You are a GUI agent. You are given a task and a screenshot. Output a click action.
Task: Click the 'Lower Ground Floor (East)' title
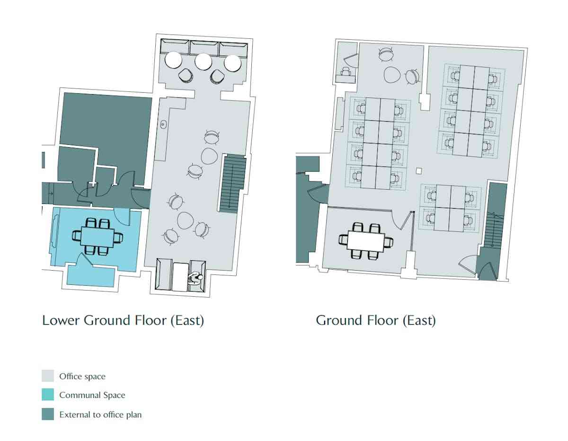pyautogui.click(x=123, y=321)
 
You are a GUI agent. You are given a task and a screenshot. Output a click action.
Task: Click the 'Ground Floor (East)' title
pyautogui.click(x=376, y=321)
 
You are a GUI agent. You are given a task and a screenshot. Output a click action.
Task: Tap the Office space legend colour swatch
pyautogui.click(x=48, y=376)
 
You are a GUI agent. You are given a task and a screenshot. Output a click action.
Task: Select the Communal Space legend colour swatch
pyautogui.click(x=48, y=395)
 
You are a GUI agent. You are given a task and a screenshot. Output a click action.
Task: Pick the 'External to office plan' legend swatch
pyautogui.click(x=48, y=414)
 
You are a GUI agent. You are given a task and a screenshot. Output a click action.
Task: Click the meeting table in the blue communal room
pyautogui.click(x=97, y=237)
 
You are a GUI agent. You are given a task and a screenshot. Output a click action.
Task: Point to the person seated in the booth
pyautogui.click(x=196, y=279)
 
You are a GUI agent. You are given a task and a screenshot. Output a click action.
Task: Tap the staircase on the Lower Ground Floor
pyautogui.click(x=232, y=184)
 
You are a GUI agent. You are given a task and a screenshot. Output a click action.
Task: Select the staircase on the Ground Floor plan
pyautogui.click(x=494, y=229)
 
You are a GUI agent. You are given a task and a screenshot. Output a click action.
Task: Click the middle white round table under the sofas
pyautogui.click(x=203, y=62)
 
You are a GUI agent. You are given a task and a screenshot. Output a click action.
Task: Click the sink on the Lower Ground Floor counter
pyautogui.click(x=164, y=124)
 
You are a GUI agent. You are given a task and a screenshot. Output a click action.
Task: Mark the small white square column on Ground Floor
pyautogui.click(x=419, y=171)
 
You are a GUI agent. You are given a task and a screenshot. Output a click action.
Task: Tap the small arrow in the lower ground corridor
pyautogui.click(x=51, y=194)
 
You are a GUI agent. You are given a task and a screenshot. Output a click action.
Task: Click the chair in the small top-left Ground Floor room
pyautogui.click(x=346, y=71)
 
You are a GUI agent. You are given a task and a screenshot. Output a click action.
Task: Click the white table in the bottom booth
pyautogui.click(x=180, y=277)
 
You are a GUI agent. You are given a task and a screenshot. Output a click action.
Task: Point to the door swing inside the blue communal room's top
pyautogui.click(x=122, y=217)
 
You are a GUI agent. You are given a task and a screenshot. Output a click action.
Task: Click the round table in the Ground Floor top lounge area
pyautogui.click(x=392, y=75)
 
